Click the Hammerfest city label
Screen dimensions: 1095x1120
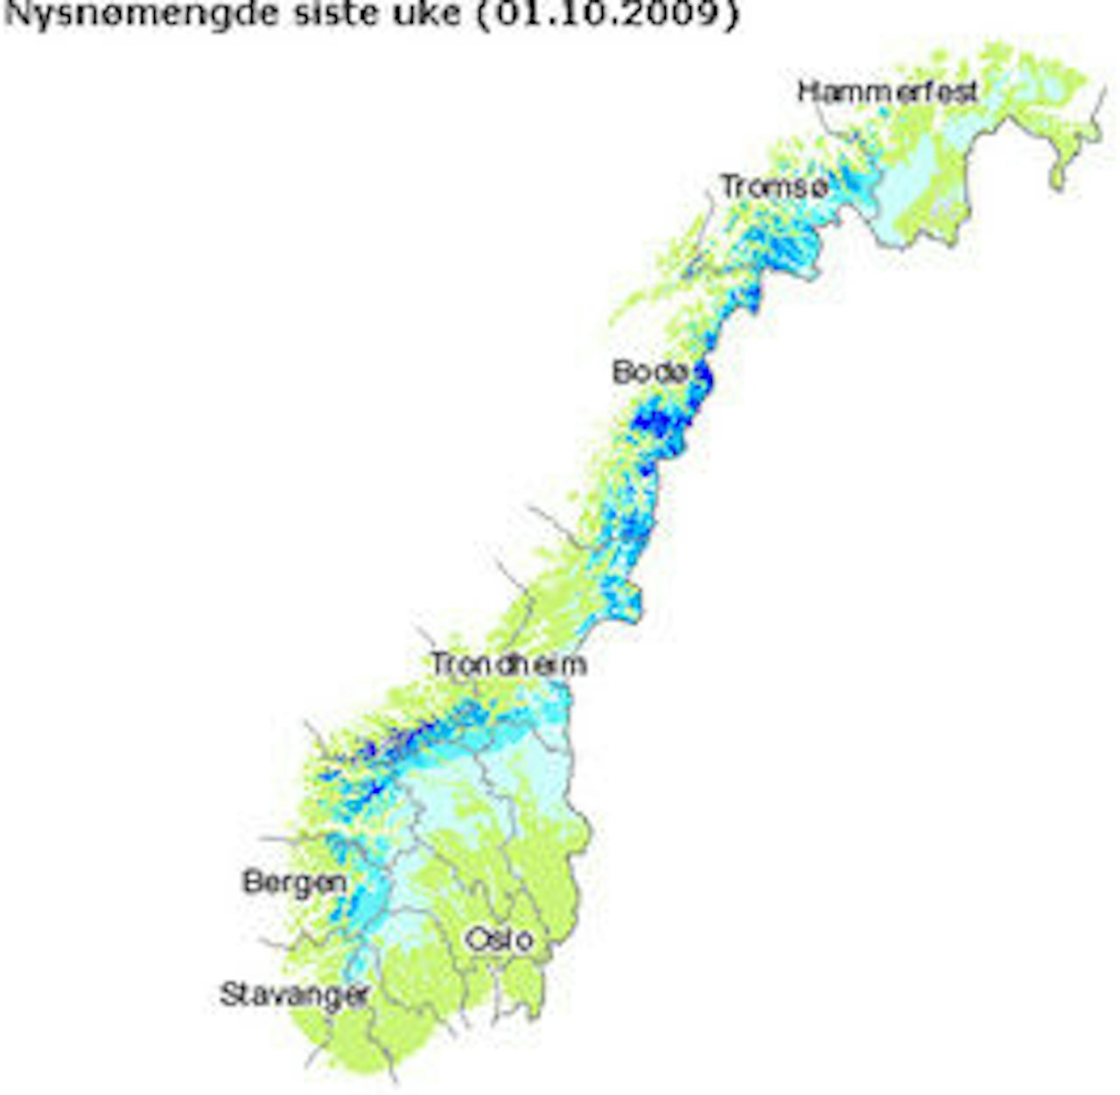coord(887,91)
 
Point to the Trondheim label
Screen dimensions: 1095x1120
coord(508,664)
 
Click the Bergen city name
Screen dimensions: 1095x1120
coord(294,881)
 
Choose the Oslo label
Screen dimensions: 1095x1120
coord(499,939)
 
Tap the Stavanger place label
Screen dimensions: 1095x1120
coord(294,995)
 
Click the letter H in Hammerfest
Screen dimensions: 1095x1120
coord(808,91)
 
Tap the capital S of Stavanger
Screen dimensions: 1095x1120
coord(230,994)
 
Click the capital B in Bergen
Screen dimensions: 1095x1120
coord(252,881)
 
